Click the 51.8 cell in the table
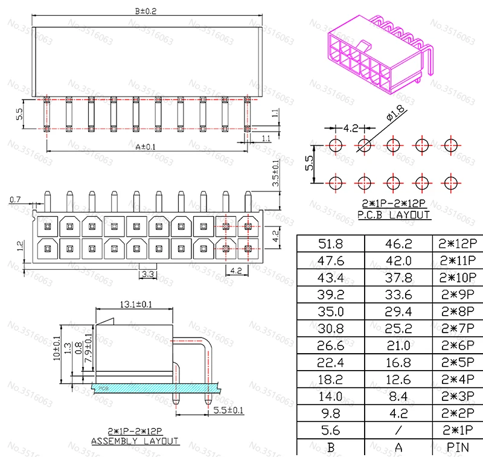(x=330, y=244)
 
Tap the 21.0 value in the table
(x=398, y=346)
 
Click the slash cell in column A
(x=398, y=431)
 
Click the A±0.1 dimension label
(x=145, y=147)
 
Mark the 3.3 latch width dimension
(x=147, y=275)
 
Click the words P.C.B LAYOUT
(x=394, y=215)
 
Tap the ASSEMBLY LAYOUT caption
(x=135, y=441)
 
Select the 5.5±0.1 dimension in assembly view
(x=229, y=411)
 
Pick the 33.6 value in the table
(x=398, y=295)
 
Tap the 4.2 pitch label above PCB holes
(x=351, y=128)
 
